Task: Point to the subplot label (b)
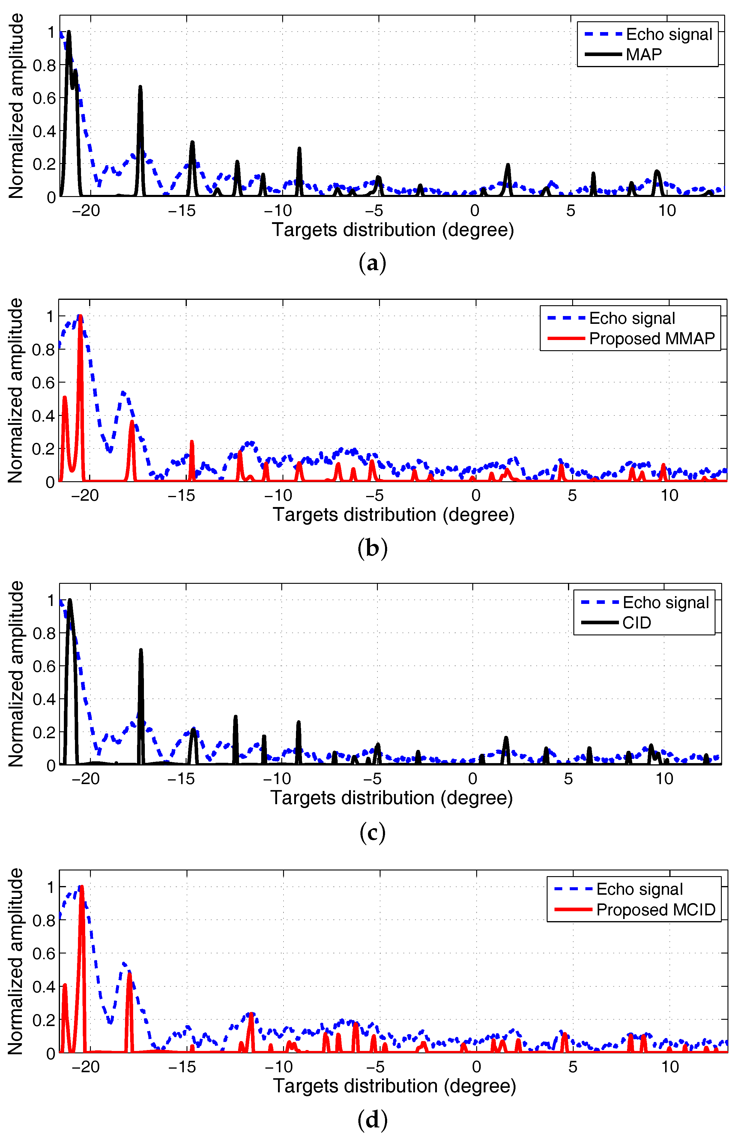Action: [x=372, y=548]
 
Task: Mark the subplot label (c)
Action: [x=372, y=832]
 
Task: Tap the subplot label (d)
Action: [x=372, y=1119]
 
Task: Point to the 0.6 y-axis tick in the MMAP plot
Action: [x=43, y=383]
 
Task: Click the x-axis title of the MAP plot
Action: [x=393, y=230]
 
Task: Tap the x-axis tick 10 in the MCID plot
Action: [x=670, y=1067]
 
